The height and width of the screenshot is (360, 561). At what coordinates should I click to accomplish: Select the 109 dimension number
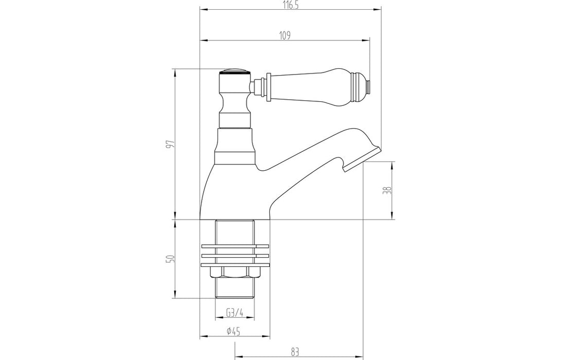pos(285,35)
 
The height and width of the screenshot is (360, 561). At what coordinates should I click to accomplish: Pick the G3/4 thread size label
pos(234,313)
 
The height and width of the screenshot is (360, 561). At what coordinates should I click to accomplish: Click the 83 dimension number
pos(295,352)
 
